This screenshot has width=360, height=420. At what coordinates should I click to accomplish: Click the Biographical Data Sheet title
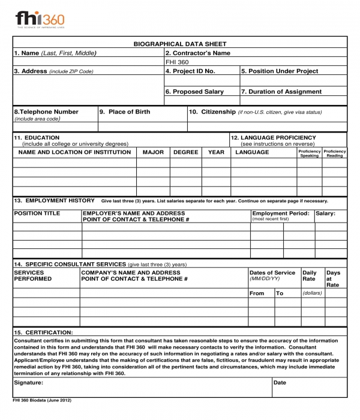(179, 44)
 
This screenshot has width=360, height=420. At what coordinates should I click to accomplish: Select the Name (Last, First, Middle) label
(55, 53)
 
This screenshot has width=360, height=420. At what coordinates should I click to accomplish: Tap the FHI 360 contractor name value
(177, 62)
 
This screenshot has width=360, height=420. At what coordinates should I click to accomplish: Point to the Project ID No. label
(190, 71)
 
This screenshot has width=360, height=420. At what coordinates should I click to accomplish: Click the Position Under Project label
(280, 71)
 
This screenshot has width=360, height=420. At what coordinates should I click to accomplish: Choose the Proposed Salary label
(194, 92)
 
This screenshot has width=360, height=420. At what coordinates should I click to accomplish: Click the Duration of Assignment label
(281, 92)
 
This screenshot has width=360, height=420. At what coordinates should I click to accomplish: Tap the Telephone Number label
(46, 112)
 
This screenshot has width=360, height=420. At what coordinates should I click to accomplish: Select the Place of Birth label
(125, 112)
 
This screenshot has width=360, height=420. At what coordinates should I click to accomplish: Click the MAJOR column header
(153, 152)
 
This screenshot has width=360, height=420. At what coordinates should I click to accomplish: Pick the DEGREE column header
(185, 152)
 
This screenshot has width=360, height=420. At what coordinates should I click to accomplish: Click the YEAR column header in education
(216, 152)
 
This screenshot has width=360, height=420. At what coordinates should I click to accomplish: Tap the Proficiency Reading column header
(335, 154)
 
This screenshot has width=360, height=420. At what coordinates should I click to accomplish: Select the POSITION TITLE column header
(37, 213)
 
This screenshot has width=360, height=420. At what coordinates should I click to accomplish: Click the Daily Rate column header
(309, 275)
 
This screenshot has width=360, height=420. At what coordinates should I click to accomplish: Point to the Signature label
(28, 382)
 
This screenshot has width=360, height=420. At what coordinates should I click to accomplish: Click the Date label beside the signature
(280, 382)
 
